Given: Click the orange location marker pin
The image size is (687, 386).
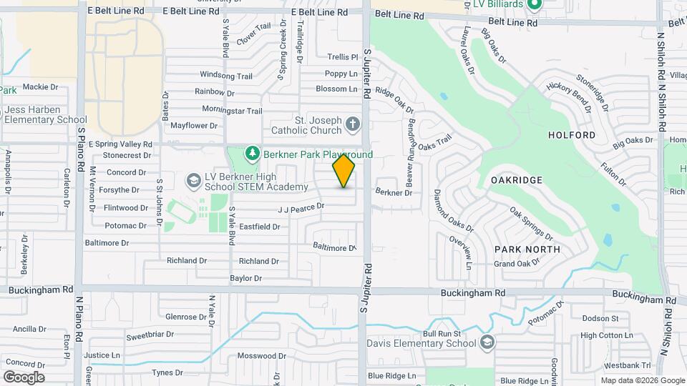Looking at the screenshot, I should click(x=344, y=170).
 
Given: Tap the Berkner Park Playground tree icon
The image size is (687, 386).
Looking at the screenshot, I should click(x=251, y=153).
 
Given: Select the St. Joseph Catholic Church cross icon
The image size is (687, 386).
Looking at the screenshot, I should click(x=352, y=125).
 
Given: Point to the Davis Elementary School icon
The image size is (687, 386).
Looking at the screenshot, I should click(x=487, y=342).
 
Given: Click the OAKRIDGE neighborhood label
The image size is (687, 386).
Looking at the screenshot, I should click(x=517, y=180).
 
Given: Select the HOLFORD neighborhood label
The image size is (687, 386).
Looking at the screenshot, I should click(x=571, y=134).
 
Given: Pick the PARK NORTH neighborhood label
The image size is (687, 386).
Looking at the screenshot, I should click(x=527, y=249).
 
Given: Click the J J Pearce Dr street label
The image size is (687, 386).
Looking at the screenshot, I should click(x=301, y=207).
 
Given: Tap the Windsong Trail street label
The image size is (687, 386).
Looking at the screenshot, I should click(x=226, y=75).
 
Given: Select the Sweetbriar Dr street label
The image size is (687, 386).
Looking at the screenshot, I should click(x=150, y=335).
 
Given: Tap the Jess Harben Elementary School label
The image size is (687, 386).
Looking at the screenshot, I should click(x=46, y=114).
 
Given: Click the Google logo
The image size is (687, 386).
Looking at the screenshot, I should click(x=24, y=377).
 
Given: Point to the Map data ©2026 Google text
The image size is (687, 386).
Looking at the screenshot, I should click(x=641, y=380).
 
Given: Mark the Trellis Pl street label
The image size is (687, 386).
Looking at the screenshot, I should click(x=342, y=56).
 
